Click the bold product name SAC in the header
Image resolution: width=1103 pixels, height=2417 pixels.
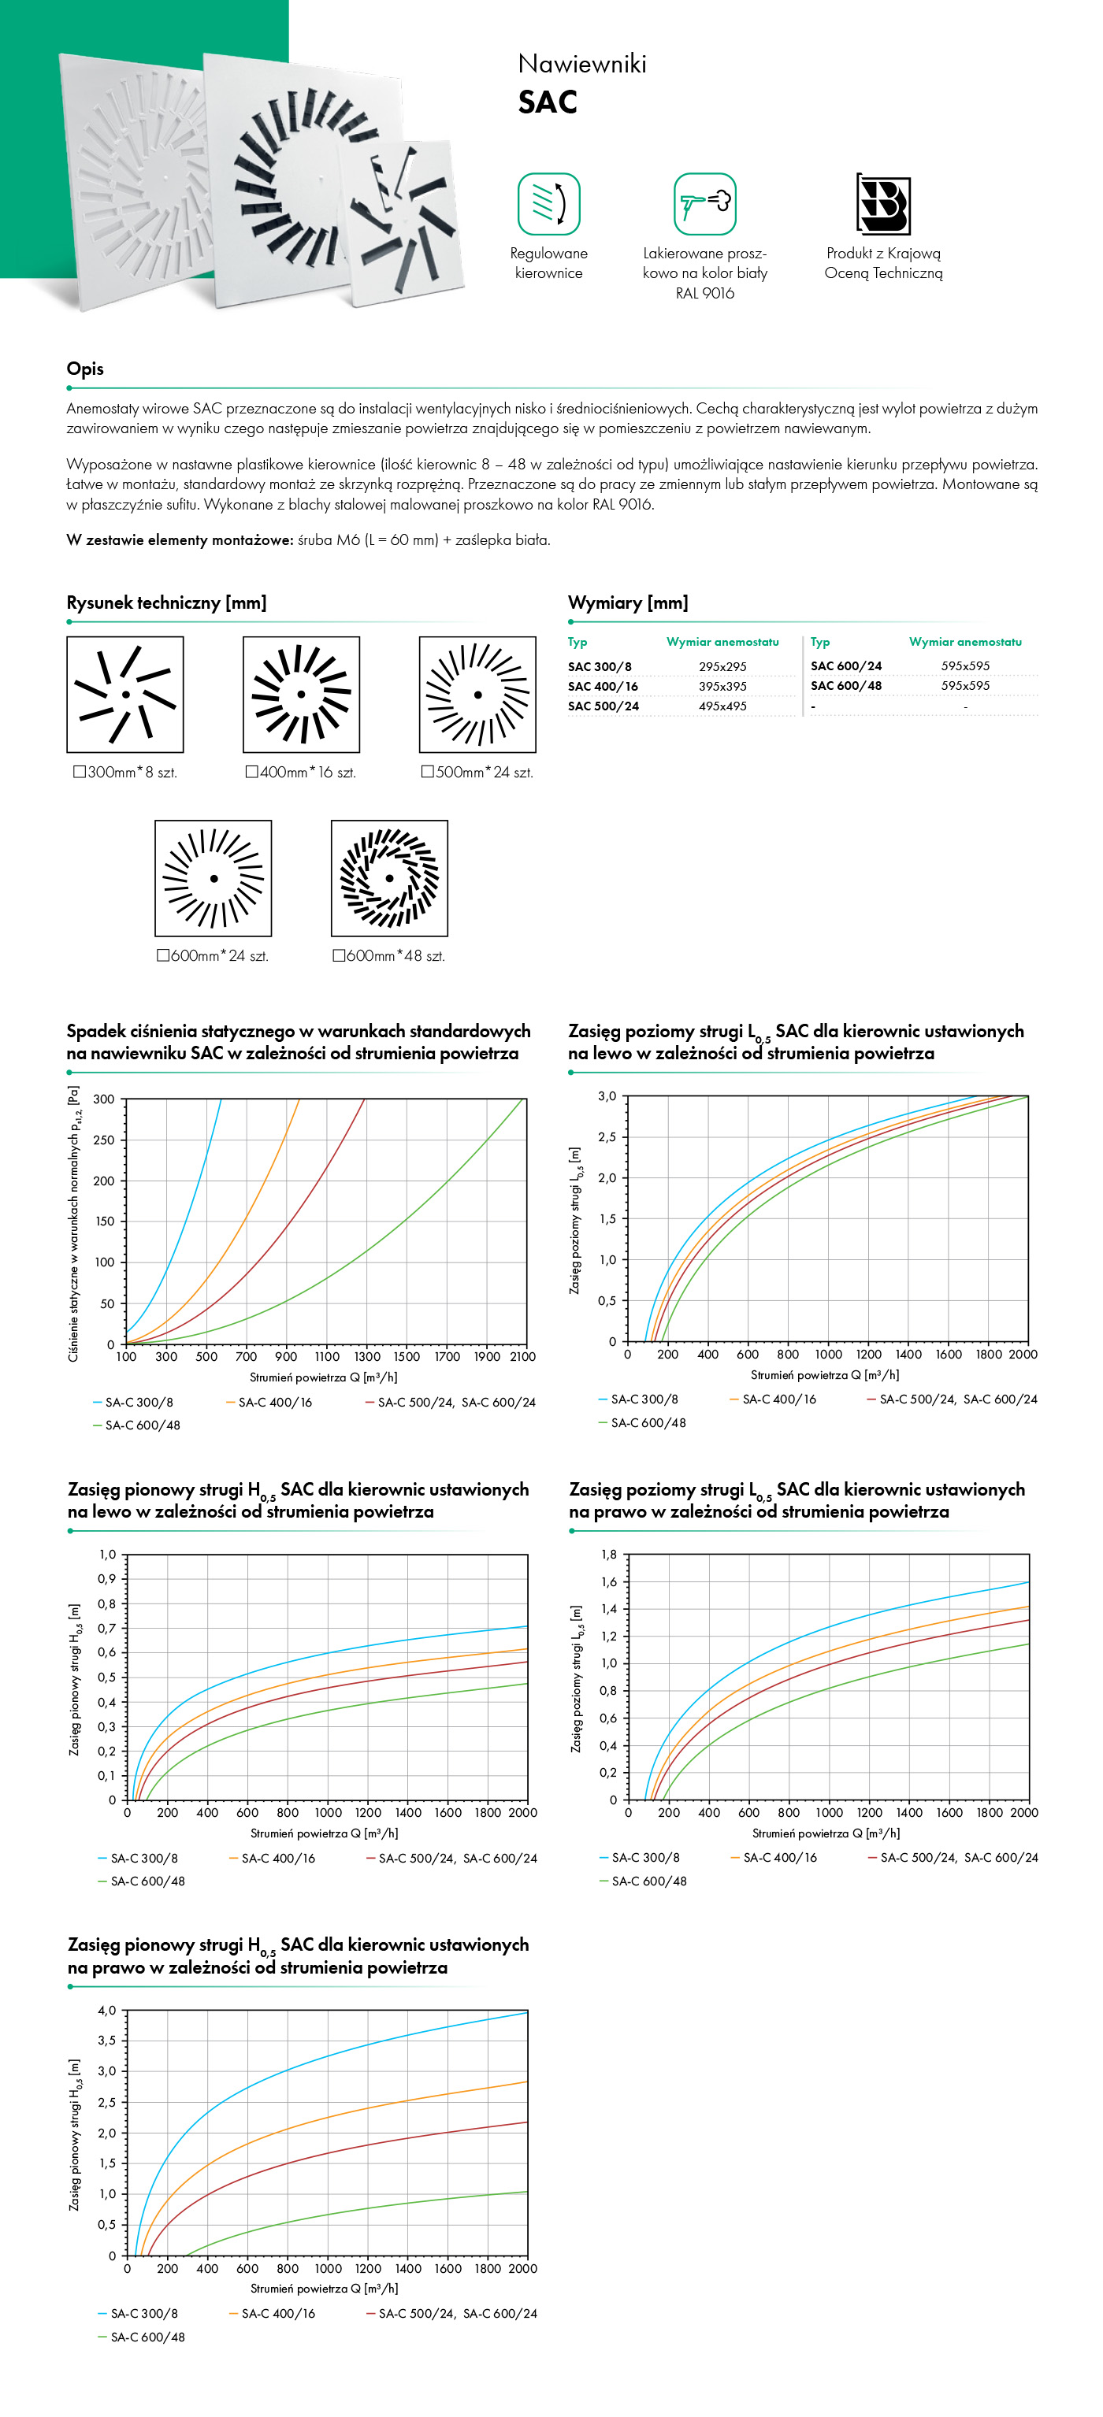point(548,102)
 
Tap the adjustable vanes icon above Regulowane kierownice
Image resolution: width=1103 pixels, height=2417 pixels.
point(549,204)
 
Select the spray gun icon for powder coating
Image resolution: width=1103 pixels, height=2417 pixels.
point(705,204)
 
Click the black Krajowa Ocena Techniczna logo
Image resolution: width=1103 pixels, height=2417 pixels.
point(882,204)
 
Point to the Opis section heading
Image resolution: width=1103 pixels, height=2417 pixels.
point(85,369)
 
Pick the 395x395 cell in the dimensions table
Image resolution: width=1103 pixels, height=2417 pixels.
point(722,687)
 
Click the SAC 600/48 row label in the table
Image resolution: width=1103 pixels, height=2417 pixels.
point(846,686)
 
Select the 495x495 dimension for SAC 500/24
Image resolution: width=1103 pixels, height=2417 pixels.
point(722,706)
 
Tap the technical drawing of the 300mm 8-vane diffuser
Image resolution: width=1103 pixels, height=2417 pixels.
point(124,695)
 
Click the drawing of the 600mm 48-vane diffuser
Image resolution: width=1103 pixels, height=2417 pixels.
point(389,878)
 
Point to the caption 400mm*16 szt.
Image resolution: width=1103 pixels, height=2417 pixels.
point(300,773)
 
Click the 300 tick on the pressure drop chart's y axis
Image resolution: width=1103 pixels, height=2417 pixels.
point(104,1099)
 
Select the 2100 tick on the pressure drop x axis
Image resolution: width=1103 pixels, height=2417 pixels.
point(523,1357)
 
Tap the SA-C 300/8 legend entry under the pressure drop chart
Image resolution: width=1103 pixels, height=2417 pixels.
point(133,1403)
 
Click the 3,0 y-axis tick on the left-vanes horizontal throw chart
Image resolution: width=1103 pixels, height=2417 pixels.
point(607,1096)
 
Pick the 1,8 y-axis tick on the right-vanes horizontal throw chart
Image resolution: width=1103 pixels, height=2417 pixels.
point(609,1555)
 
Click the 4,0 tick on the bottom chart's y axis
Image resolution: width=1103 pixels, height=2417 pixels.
point(107,2011)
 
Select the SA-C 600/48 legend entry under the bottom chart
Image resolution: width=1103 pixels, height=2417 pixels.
point(142,2337)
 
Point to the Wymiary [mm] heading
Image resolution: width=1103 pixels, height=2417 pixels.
point(628,602)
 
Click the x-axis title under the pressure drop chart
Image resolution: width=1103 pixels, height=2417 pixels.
point(324,1377)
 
